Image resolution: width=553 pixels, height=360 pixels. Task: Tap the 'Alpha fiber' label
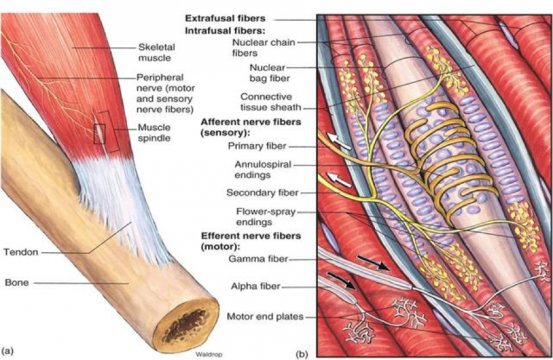point(263,286)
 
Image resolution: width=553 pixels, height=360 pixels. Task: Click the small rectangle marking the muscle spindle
point(99,134)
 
